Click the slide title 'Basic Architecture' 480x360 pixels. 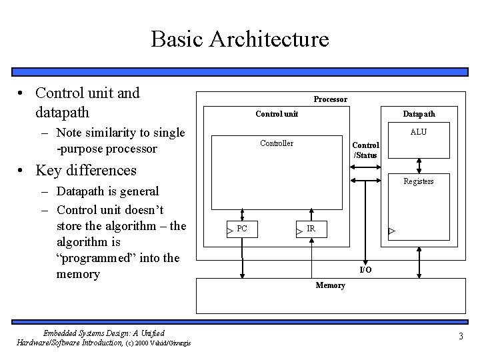click(240, 39)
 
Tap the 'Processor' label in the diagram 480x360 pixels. click(330, 99)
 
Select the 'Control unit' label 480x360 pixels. click(277, 114)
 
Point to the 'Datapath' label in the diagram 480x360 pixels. click(419, 114)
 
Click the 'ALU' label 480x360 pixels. click(419, 132)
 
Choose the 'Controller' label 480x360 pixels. click(276, 143)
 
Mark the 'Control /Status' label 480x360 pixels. click(365, 150)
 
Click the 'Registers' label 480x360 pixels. click(419, 181)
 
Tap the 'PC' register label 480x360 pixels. click(242, 229)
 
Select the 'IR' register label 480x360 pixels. click(311, 229)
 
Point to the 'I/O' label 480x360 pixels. click(365, 269)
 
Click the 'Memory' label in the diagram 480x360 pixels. click(330, 285)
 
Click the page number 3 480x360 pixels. click(460, 336)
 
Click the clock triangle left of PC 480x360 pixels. click(229, 230)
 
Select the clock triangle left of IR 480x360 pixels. click(299, 231)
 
